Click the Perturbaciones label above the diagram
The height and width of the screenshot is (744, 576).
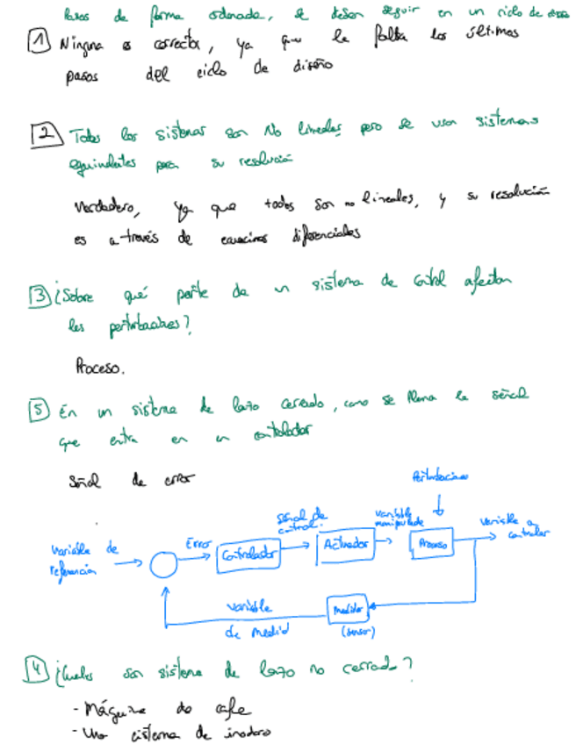tap(439, 476)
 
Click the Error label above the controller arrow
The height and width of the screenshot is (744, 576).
tap(196, 544)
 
